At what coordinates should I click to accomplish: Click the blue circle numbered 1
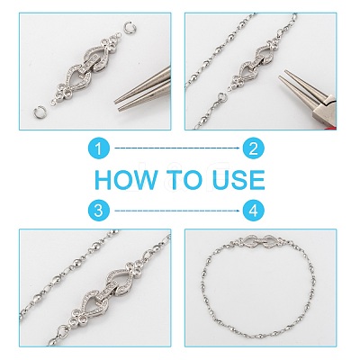[99, 148]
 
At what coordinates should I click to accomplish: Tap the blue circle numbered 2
[254, 148]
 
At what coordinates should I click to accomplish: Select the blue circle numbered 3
[99, 211]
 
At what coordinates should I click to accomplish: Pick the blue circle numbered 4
[254, 211]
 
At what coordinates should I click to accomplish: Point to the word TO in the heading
[185, 179]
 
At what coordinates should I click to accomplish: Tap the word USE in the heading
[239, 179]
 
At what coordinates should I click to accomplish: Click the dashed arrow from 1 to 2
[177, 148]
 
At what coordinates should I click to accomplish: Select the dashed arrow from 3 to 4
[177, 211]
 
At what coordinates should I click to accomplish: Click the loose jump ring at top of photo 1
[128, 30]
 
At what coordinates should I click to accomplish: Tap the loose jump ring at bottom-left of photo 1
[40, 112]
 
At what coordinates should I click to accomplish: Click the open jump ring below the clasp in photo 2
[221, 96]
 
